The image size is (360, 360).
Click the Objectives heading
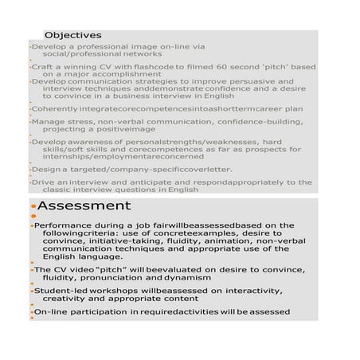(72, 35)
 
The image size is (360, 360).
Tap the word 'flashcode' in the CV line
(168, 67)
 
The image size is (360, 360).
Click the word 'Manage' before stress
(47, 122)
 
